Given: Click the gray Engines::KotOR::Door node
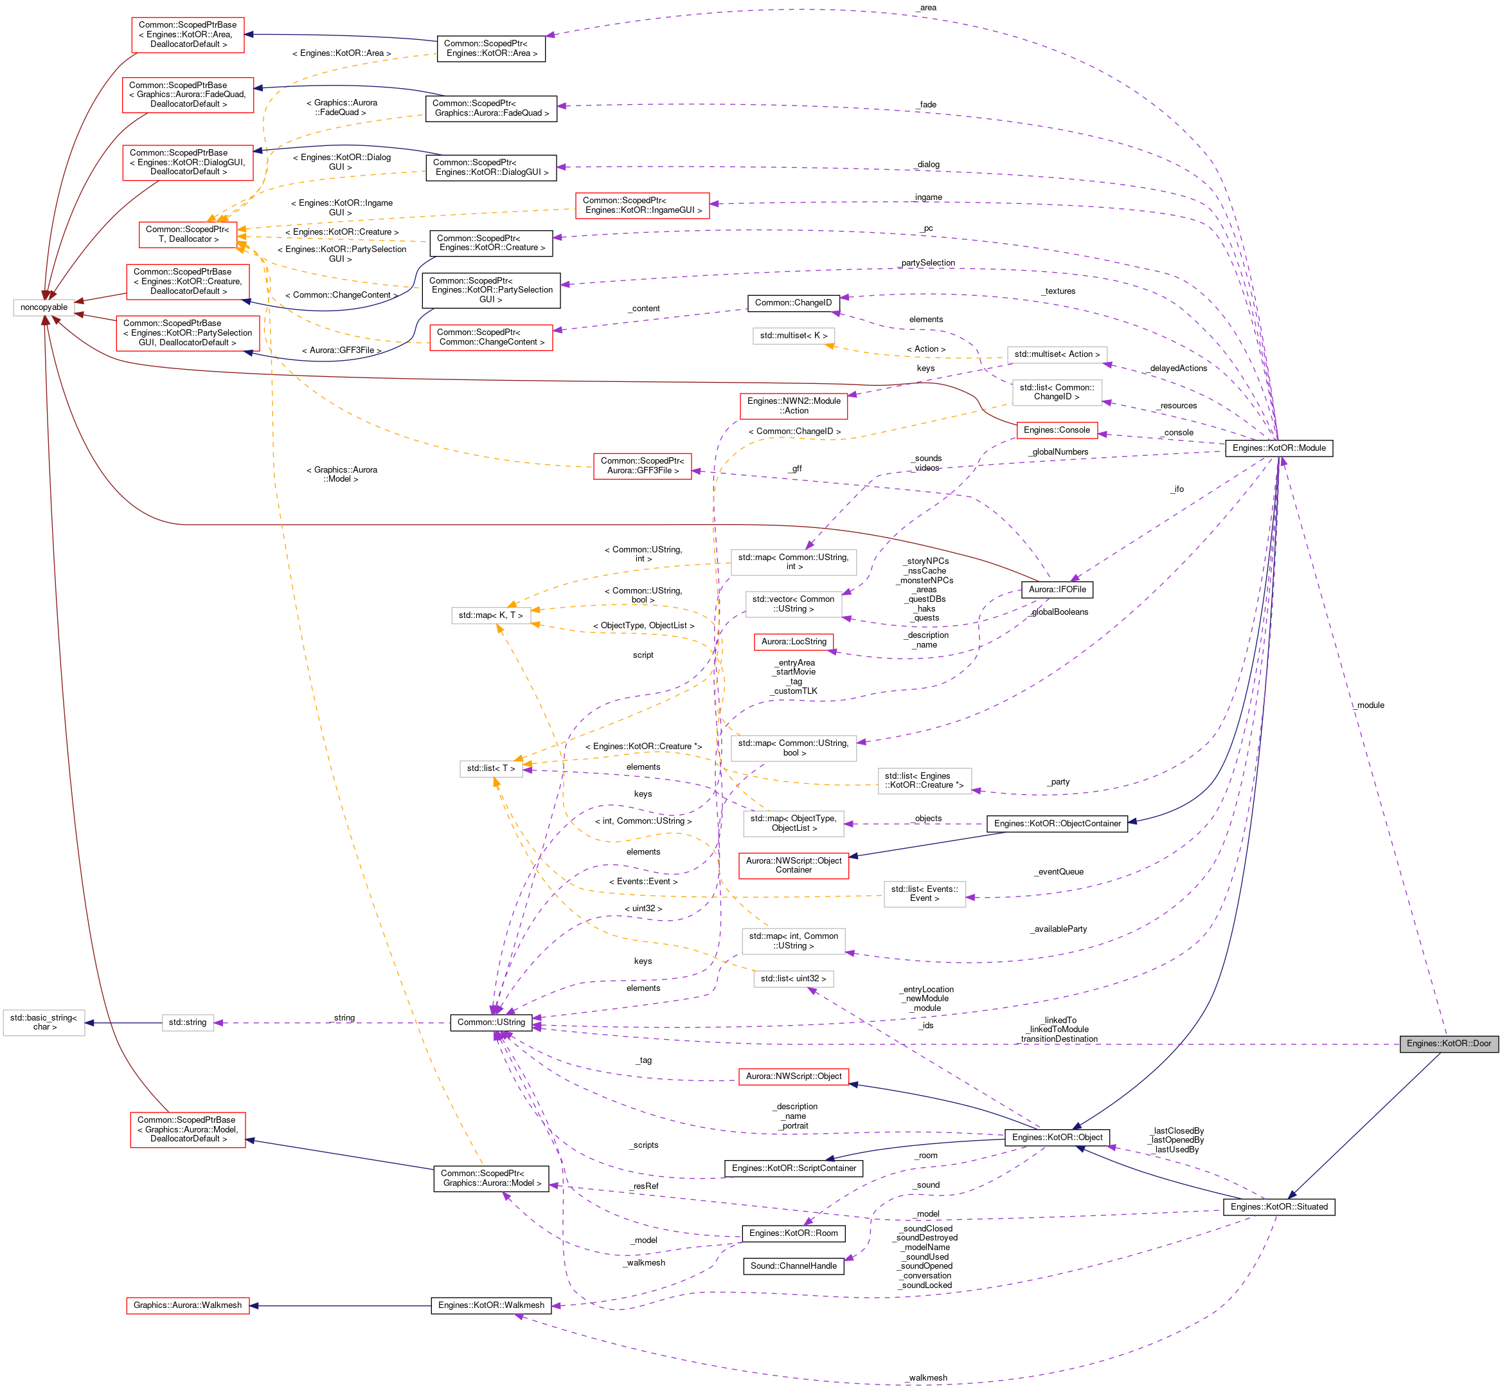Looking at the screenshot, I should pyautogui.click(x=1449, y=1044).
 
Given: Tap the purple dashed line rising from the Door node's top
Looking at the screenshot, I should pyautogui.click(x=1368, y=752).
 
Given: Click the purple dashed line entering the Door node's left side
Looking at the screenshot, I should pyautogui.click(x=977, y=1044).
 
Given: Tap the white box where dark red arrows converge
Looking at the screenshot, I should pyautogui.click(x=44, y=307).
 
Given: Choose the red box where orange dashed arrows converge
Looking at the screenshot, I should pyautogui.click(x=188, y=235).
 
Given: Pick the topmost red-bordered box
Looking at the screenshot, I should pyautogui.click(x=188, y=35).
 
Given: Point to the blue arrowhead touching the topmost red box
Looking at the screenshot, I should pyautogui.click(x=249, y=35).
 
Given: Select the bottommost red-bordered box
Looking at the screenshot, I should pyautogui.click(x=188, y=1305).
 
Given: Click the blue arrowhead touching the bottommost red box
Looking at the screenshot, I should pyautogui.click(x=254, y=1305).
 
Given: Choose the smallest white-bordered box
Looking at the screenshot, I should pyautogui.click(x=188, y=1023).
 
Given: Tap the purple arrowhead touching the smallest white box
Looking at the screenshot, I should pyautogui.click(x=219, y=1023).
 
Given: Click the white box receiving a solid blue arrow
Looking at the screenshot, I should pyautogui.click(x=44, y=1023).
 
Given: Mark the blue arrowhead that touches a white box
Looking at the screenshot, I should pyautogui.click(x=89, y=1023).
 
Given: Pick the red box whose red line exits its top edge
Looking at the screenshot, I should pyautogui.click(x=188, y=1130).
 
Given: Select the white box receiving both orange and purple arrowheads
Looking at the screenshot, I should pyautogui.click(x=490, y=769).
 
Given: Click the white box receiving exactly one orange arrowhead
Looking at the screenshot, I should pyautogui.click(x=794, y=336).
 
